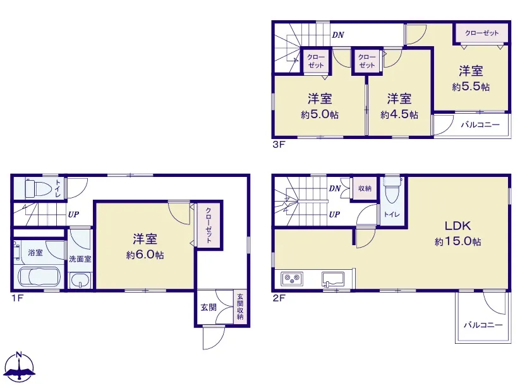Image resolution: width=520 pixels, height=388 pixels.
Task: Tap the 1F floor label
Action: coord(18,298)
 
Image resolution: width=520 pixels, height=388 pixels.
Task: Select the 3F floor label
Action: coord(279,145)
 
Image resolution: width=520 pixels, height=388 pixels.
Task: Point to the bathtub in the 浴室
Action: coord(39,277)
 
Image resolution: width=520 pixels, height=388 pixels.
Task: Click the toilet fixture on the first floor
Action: coord(39,188)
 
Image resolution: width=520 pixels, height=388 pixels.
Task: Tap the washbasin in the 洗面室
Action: coord(80,281)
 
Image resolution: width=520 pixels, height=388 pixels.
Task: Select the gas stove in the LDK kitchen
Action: coord(292,279)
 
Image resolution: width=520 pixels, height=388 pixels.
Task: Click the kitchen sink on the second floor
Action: coord(333,279)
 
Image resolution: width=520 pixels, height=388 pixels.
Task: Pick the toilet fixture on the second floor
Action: coord(392,190)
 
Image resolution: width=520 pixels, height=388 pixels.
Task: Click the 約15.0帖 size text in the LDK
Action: coord(457,241)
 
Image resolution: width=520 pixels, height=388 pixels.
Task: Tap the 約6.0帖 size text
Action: coord(145,255)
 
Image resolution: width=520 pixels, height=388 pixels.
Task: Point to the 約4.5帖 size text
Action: coord(399,114)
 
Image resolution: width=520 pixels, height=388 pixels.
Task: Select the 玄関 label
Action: coord(209,307)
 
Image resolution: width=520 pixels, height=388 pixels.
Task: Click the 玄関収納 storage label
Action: coord(239,306)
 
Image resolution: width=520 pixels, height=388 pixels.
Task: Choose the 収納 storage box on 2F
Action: coord(365,188)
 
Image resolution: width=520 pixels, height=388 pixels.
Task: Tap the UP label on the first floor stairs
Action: coord(74,215)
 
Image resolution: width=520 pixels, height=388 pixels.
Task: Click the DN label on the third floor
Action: coord(338,35)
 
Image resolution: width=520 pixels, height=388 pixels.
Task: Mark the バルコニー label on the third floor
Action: coord(480,124)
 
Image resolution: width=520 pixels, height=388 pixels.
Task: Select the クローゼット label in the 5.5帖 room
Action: coord(482,33)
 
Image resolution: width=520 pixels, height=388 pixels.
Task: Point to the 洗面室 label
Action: coord(80,259)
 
